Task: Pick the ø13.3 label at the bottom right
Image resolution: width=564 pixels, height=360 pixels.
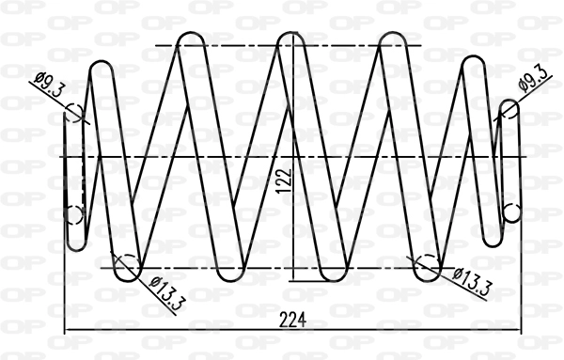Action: (471, 281)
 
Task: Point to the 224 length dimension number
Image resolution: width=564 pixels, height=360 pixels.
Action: (293, 320)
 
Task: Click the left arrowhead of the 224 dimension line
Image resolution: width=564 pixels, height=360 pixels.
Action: (68, 331)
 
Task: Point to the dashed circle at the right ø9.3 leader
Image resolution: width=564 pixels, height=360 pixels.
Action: (509, 110)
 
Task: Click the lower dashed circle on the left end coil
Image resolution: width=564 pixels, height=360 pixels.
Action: (75, 214)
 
